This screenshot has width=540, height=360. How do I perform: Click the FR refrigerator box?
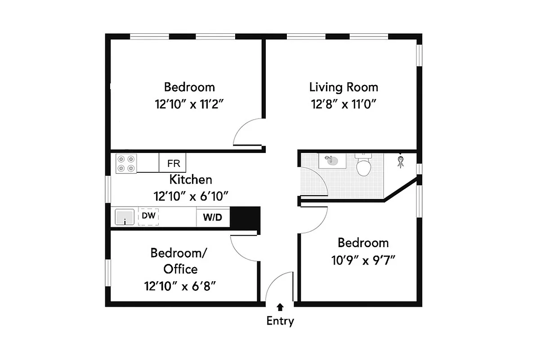click(x=173, y=163)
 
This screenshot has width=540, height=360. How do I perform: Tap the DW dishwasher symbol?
click(x=148, y=216)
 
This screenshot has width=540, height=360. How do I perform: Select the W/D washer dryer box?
click(x=213, y=218)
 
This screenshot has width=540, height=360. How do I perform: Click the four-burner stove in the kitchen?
click(x=126, y=163)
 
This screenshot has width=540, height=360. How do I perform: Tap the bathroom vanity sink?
click(x=332, y=160)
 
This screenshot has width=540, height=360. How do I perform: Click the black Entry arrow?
click(x=280, y=307)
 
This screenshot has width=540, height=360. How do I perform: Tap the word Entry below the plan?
click(x=280, y=321)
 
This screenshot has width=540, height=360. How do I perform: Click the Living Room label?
click(x=344, y=87)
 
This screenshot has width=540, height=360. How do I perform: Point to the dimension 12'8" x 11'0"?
click(x=344, y=104)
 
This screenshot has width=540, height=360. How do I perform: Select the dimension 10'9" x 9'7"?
click(x=363, y=260)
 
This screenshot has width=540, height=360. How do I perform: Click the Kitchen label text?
click(x=191, y=180)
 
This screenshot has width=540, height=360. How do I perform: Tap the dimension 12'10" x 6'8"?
click(x=180, y=286)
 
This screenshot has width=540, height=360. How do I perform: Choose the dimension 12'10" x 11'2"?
click(x=189, y=104)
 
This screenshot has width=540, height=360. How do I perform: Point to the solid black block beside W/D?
click(x=245, y=218)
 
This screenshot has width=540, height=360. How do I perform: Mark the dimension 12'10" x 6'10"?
click(x=192, y=196)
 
